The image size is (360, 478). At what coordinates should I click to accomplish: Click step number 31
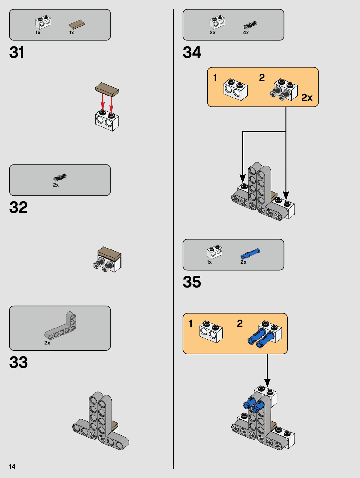coord(17,52)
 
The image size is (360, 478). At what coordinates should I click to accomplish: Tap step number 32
coord(19,207)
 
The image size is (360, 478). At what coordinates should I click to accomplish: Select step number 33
coord(19,362)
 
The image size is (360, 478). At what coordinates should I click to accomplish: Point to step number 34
coord(192,52)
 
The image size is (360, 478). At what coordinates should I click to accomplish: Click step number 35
coord(192,282)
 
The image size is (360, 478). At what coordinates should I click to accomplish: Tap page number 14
coord(12,467)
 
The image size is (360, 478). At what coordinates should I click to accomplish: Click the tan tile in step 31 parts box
coord(77,24)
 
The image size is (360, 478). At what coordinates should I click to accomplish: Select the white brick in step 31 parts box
coord(43,22)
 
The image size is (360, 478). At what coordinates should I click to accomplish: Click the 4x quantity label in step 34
coord(246,33)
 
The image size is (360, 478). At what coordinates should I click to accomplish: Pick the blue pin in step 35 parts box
coord(250,253)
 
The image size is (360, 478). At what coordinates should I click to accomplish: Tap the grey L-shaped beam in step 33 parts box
coord(61,327)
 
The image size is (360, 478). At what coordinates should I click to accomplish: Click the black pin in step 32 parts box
coord(60,177)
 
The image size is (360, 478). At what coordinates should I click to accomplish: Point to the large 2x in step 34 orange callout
coord(307,97)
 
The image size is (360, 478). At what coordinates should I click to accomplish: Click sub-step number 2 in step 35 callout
coord(240,323)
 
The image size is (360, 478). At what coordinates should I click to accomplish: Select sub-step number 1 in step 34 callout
coord(215,77)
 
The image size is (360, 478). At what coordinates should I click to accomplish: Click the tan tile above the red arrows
coord(107,89)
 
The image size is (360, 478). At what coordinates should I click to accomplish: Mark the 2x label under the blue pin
coord(243,262)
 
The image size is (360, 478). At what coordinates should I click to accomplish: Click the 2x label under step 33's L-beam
coord(47,343)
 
